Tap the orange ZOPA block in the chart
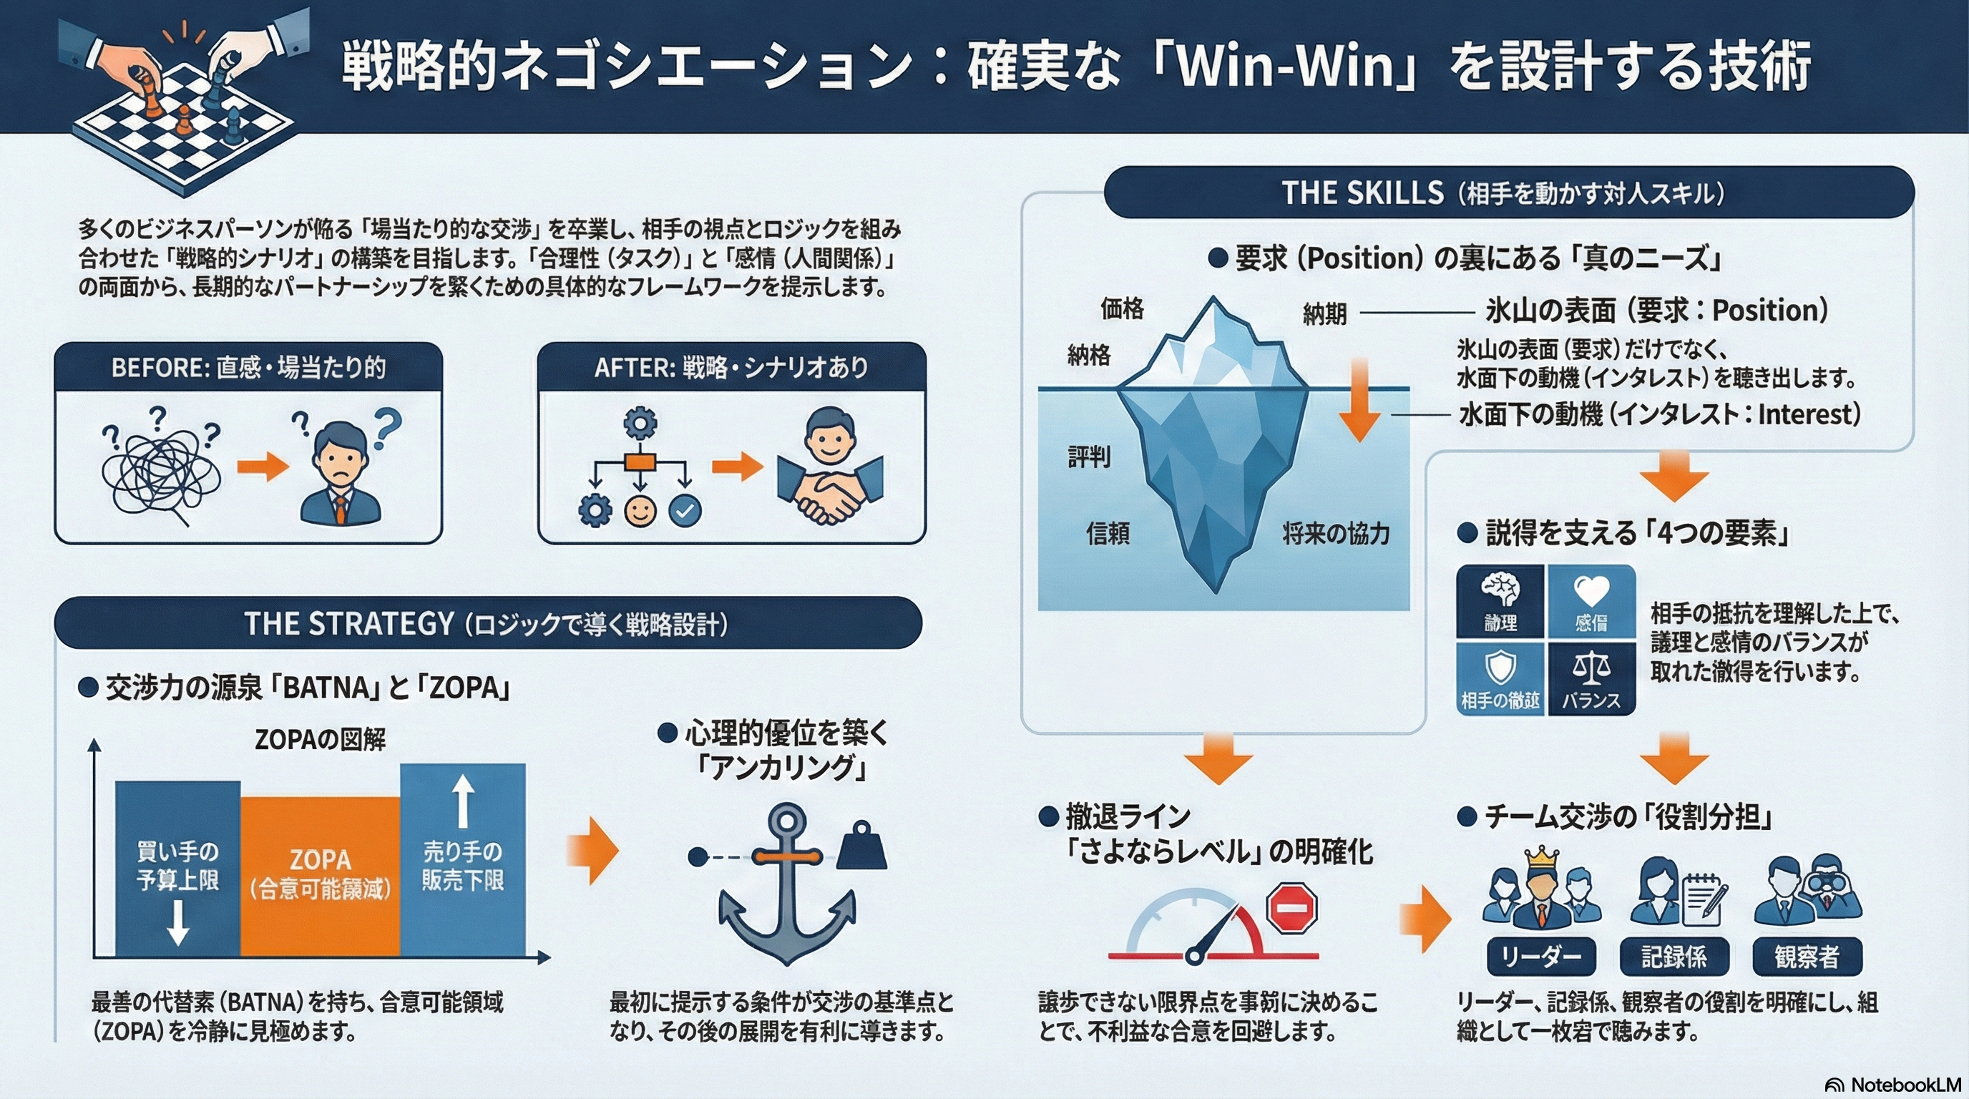321,875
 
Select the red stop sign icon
1291,907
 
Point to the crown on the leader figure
1541,856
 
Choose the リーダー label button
1541,956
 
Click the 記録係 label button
1674,956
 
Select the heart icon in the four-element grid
1591,591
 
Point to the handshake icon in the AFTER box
829,489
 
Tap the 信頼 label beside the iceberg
1108,533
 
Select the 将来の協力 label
1335,533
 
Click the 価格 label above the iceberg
1122,308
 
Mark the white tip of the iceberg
1213,336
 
